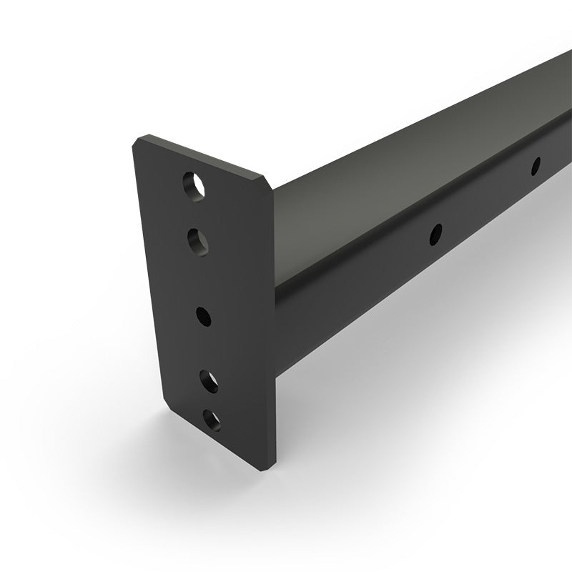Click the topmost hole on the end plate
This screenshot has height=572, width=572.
click(x=194, y=186)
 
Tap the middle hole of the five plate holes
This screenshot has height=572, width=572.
click(x=202, y=315)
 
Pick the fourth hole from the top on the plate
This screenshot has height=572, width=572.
click(x=208, y=380)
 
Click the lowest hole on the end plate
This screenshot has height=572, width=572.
click(x=212, y=420)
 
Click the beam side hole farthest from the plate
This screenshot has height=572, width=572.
click(x=535, y=166)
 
